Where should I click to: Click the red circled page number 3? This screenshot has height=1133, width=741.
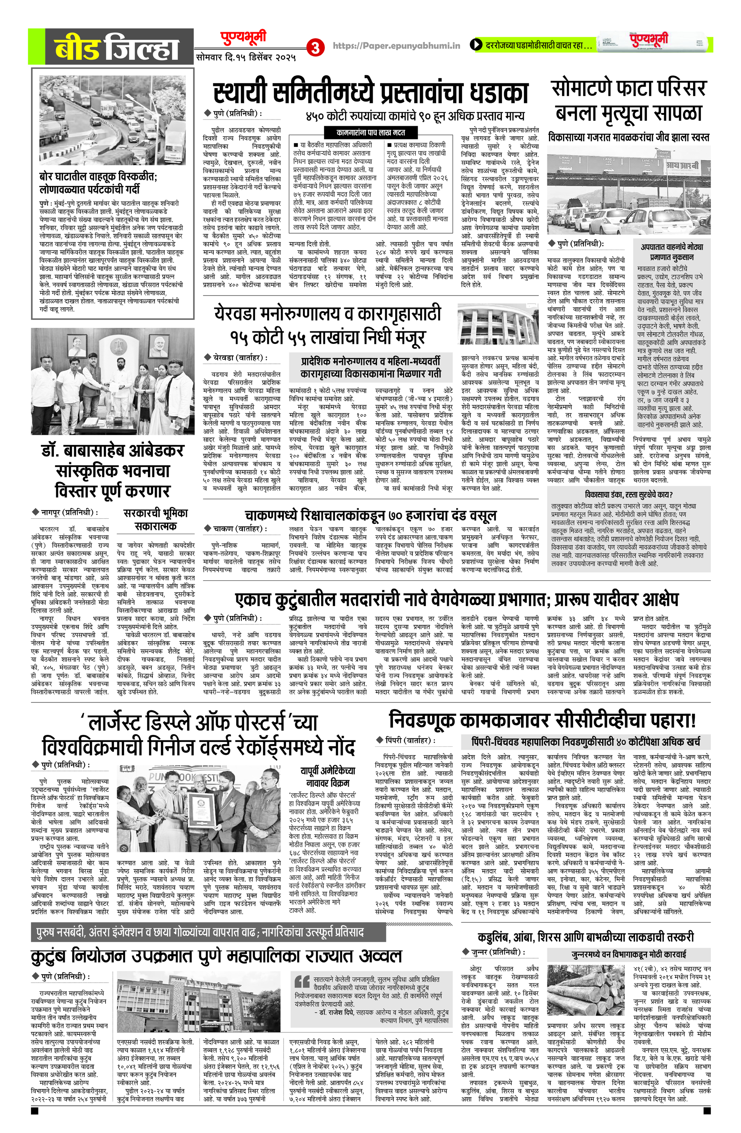tap(315, 48)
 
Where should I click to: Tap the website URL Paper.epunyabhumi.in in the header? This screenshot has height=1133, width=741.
tap(396, 46)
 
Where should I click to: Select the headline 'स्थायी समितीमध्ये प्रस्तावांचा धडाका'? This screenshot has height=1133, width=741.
tap(370, 93)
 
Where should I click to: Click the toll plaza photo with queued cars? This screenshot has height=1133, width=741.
tap(628, 190)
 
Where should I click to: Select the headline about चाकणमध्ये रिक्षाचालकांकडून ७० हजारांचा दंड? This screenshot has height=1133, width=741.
tap(370, 515)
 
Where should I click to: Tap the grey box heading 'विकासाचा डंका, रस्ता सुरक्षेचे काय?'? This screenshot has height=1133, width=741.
tap(628, 494)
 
